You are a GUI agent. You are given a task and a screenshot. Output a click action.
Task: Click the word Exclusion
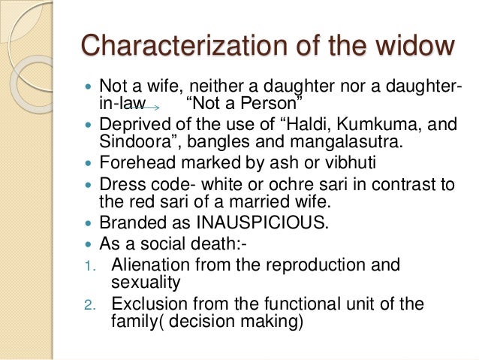tap(145, 304)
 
